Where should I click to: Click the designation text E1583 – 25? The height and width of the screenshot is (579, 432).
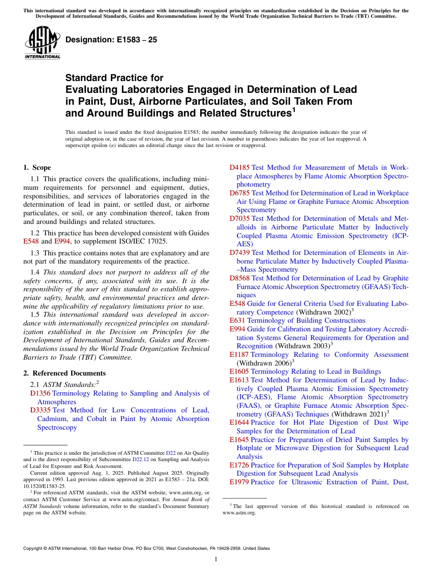coord(111,40)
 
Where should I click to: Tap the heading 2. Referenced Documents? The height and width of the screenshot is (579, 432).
coord(61,373)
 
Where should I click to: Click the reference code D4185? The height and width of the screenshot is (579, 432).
coord(240,168)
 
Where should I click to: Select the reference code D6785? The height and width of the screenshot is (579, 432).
coord(240,193)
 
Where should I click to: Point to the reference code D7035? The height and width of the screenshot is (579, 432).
coord(240,218)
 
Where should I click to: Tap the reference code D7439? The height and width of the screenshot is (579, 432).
coord(240,252)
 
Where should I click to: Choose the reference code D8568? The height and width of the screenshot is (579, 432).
coord(240,278)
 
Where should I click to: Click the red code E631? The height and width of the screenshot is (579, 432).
coord(237,320)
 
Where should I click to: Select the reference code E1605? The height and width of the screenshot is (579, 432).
coord(239,371)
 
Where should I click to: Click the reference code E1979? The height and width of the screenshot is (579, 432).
coord(239,482)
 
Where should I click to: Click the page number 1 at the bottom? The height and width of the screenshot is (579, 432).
coord(216,559)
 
